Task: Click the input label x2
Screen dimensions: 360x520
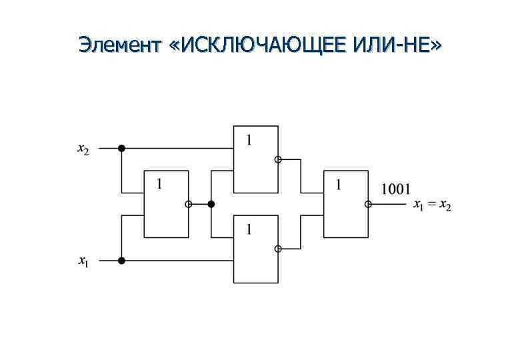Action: (x=83, y=149)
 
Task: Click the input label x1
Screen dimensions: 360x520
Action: (x=83, y=262)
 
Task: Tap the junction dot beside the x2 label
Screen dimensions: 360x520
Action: (x=121, y=148)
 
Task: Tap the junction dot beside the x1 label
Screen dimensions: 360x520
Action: (x=121, y=260)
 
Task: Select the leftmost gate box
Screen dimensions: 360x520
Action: (x=167, y=204)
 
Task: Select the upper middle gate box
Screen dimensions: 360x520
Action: (x=255, y=159)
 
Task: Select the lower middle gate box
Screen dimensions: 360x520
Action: (x=255, y=249)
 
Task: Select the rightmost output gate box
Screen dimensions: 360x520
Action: (x=345, y=204)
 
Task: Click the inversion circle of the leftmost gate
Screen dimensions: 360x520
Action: (x=189, y=204)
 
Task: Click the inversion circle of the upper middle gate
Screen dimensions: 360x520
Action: (x=278, y=159)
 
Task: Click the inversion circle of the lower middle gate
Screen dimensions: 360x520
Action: (x=278, y=249)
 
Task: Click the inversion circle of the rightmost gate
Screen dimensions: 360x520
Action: (x=368, y=204)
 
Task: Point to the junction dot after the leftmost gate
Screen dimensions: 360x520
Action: (x=211, y=204)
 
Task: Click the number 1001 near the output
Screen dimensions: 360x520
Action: (x=395, y=189)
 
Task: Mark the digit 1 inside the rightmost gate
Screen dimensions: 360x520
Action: (x=339, y=184)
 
